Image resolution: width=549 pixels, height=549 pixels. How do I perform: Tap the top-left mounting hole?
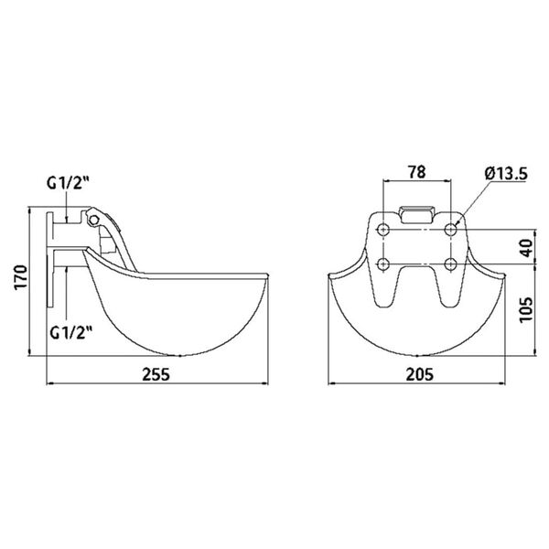pos(383,226)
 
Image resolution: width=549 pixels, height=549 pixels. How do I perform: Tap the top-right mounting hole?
pos(451,226)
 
